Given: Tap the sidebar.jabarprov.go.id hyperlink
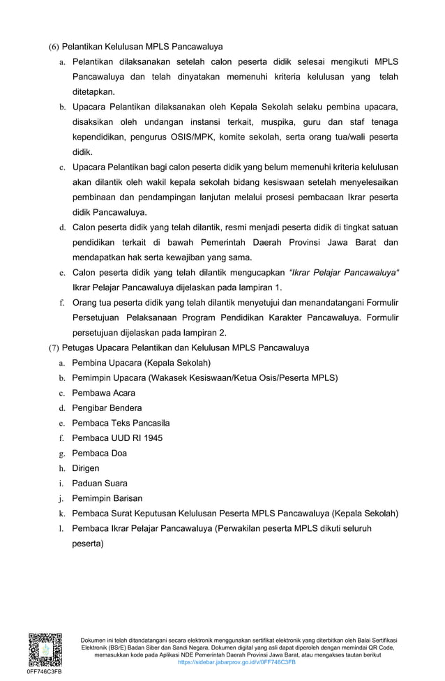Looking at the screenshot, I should click(237, 662).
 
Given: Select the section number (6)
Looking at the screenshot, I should click(53, 47).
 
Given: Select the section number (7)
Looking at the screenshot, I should click(53, 347).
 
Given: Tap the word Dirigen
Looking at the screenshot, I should click(86, 468).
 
